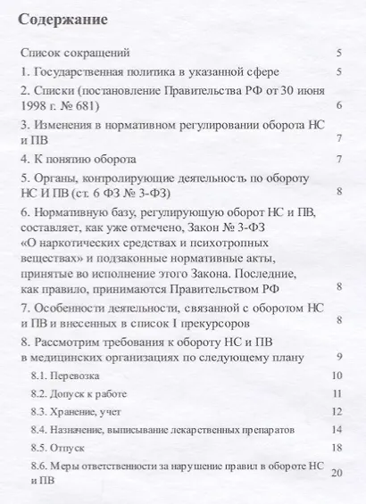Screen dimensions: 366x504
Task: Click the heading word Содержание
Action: [x=63, y=19]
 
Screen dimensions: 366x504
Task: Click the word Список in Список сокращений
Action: [x=42, y=54]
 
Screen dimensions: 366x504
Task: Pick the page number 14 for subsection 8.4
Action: [x=337, y=429]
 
